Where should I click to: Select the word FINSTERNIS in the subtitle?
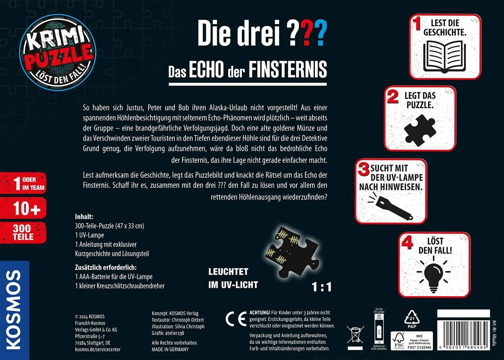[x=288, y=70]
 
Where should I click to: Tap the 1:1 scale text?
[x=322, y=287]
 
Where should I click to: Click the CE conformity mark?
[x=236, y=319]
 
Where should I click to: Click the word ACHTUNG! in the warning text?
[x=260, y=313]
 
